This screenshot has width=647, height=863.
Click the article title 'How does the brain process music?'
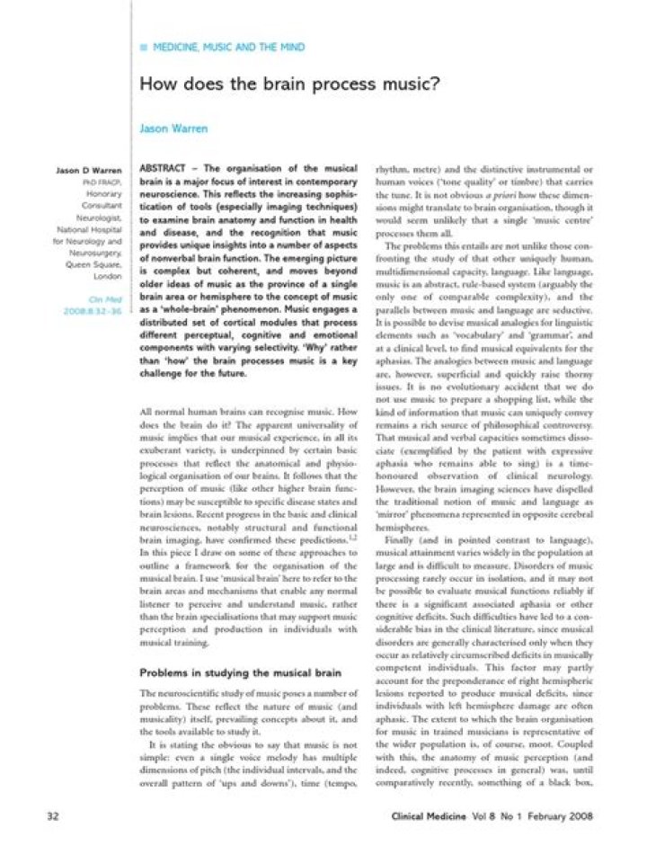click(288, 85)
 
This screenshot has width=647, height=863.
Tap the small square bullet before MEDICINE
click(143, 47)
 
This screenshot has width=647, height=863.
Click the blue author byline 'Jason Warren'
click(173, 129)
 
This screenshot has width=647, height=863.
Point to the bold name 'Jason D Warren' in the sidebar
click(89, 169)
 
